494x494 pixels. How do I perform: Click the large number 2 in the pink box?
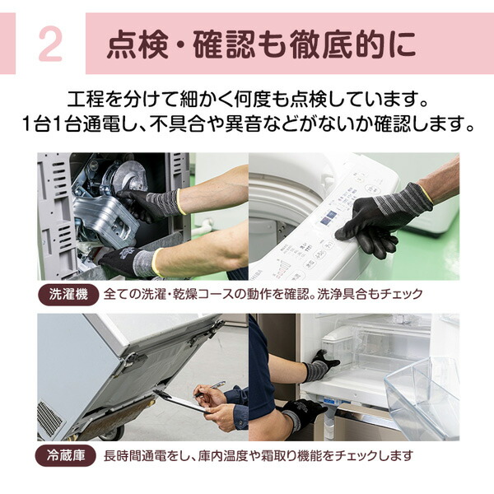49,46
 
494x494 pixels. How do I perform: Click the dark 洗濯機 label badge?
68,294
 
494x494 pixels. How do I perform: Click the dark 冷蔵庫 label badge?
68,455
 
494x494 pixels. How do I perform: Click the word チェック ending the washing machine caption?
403,294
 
